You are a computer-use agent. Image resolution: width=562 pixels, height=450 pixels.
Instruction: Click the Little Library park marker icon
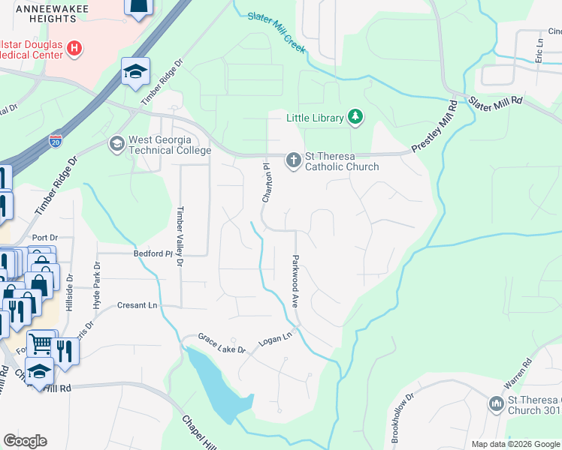355,117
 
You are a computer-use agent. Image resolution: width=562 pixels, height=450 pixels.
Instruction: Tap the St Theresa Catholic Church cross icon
293,159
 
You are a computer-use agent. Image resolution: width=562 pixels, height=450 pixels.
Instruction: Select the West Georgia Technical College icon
116,142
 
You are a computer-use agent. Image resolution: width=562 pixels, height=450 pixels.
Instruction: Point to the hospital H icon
74,49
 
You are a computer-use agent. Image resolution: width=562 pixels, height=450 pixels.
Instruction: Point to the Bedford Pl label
153,253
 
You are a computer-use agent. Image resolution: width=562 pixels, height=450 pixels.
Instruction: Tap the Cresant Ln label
137,305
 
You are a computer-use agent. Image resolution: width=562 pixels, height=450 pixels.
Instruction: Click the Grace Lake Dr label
222,344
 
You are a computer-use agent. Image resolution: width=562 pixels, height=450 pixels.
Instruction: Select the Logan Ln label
274,338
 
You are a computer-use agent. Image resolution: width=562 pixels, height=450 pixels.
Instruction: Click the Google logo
25,440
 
